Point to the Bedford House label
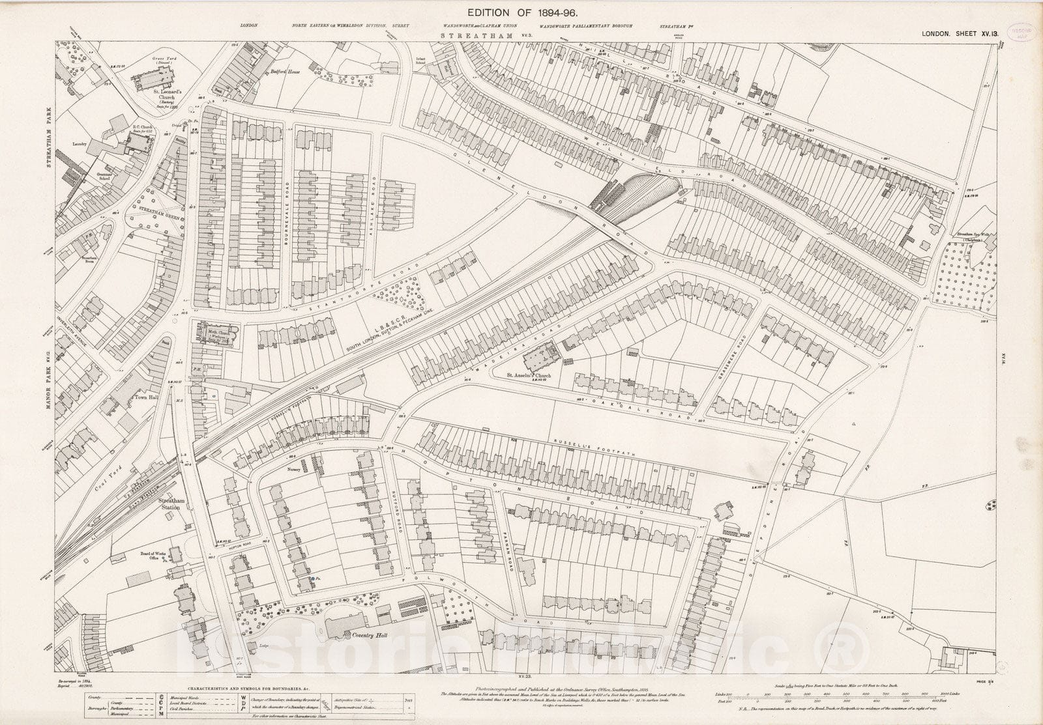pyautogui.click(x=274, y=73)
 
